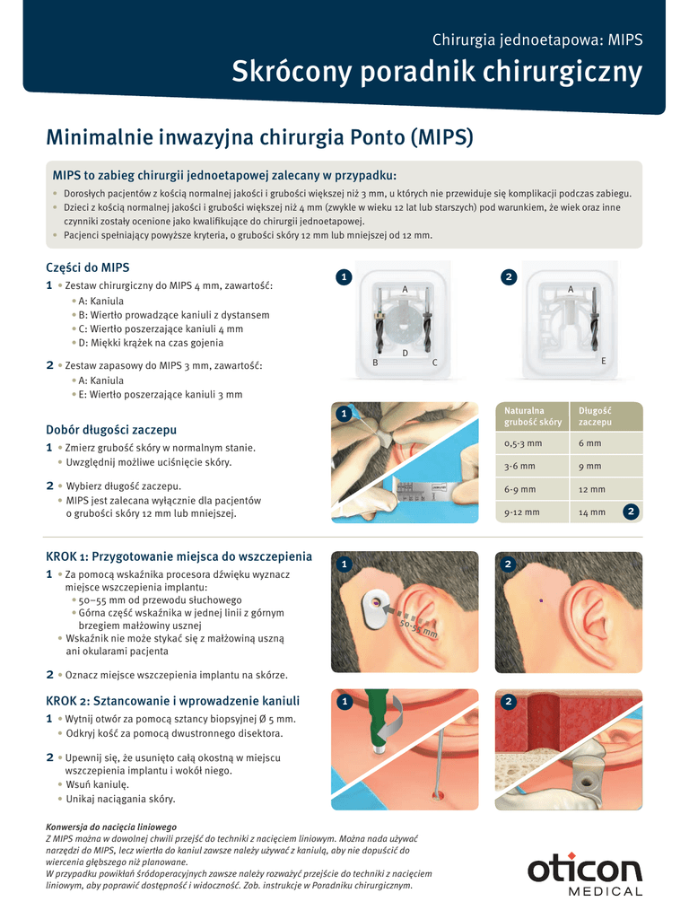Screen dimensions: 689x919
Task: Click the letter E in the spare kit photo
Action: (x=604, y=361)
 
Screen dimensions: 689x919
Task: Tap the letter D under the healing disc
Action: (x=405, y=354)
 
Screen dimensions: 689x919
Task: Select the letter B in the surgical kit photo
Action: (x=375, y=363)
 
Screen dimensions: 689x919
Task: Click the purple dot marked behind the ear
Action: (x=541, y=600)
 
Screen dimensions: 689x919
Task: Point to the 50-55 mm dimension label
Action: (x=419, y=628)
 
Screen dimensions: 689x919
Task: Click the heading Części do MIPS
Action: (x=88, y=267)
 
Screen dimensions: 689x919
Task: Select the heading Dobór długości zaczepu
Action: (x=111, y=430)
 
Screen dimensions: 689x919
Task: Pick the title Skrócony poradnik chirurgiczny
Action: (x=437, y=72)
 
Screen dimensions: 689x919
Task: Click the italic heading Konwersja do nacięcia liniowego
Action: (x=111, y=827)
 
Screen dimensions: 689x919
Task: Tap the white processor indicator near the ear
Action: (x=374, y=608)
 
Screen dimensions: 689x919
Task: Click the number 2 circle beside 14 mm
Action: (x=631, y=512)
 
